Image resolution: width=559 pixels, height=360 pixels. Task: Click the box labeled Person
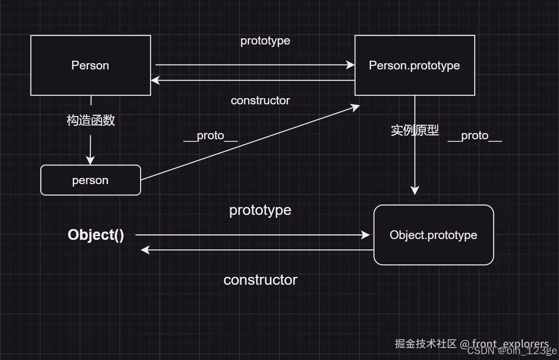click(90, 65)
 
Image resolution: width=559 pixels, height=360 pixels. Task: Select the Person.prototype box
click(414, 65)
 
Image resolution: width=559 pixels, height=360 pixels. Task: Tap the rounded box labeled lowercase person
click(90, 180)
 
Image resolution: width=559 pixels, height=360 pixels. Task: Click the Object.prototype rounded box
click(433, 235)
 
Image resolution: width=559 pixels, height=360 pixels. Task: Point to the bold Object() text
click(96, 235)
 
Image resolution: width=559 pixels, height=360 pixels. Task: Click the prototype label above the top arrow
click(265, 41)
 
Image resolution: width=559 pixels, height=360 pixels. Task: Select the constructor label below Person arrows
click(260, 101)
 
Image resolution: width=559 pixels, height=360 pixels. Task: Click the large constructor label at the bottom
click(260, 280)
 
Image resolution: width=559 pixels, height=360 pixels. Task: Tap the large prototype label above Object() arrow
click(260, 210)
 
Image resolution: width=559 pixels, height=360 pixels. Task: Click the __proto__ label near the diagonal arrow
click(210, 136)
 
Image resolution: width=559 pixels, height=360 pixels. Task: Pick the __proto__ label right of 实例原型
click(475, 136)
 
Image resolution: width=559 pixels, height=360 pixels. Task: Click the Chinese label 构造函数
click(91, 121)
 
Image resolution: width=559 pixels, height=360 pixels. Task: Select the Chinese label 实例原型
click(414, 130)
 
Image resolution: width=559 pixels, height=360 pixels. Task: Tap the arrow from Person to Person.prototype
click(254, 65)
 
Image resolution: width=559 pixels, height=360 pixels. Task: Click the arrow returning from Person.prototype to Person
click(254, 80)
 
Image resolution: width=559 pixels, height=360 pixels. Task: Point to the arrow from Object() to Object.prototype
click(254, 235)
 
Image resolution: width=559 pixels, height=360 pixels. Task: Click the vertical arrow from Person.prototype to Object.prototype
click(415, 166)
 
